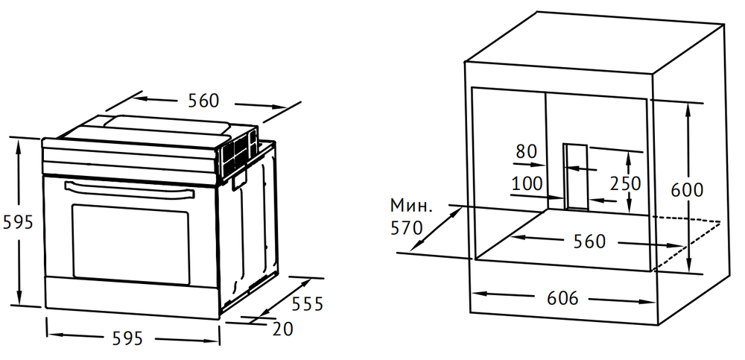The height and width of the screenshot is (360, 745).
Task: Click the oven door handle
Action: (x=129, y=189)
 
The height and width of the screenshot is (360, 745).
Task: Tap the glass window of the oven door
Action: (x=130, y=244)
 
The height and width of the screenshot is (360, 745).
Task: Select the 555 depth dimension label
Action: (x=307, y=304)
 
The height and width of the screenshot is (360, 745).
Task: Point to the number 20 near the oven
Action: (x=282, y=329)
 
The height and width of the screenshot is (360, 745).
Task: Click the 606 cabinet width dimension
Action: (x=562, y=299)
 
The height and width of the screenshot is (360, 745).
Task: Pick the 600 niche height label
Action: (x=687, y=190)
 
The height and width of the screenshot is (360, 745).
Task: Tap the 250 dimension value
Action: (x=625, y=183)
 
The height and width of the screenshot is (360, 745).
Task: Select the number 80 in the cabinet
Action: (x=527, y=152)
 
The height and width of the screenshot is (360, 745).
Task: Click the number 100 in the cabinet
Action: (x=527, y=183)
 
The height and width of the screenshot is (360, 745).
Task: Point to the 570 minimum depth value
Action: (x=406, y=228)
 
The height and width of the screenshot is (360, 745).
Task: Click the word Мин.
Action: (x=411, y=206)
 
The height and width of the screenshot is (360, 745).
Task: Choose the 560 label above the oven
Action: (x=203, y=101)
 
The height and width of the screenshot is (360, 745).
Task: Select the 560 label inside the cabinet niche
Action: (x=589, y=241)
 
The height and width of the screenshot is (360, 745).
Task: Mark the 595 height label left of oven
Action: (x=18, y=222)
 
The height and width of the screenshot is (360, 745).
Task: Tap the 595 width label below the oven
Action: (x=128, y=338)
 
